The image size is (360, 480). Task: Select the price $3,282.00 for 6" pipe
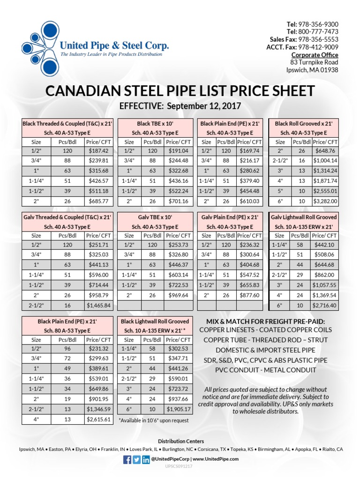coord(325,201)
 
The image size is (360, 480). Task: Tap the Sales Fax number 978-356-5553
coord(321,39)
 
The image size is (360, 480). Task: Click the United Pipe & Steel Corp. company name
coord(114,46)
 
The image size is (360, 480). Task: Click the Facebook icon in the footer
coord(127,459)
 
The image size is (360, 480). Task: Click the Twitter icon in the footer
coord(136,459)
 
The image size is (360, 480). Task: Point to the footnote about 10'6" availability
coord(154,420)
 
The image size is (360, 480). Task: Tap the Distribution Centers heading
coord(180,441)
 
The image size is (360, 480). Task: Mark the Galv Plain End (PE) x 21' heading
coord(230,217)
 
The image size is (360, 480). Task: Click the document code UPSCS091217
coord(180,467)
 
